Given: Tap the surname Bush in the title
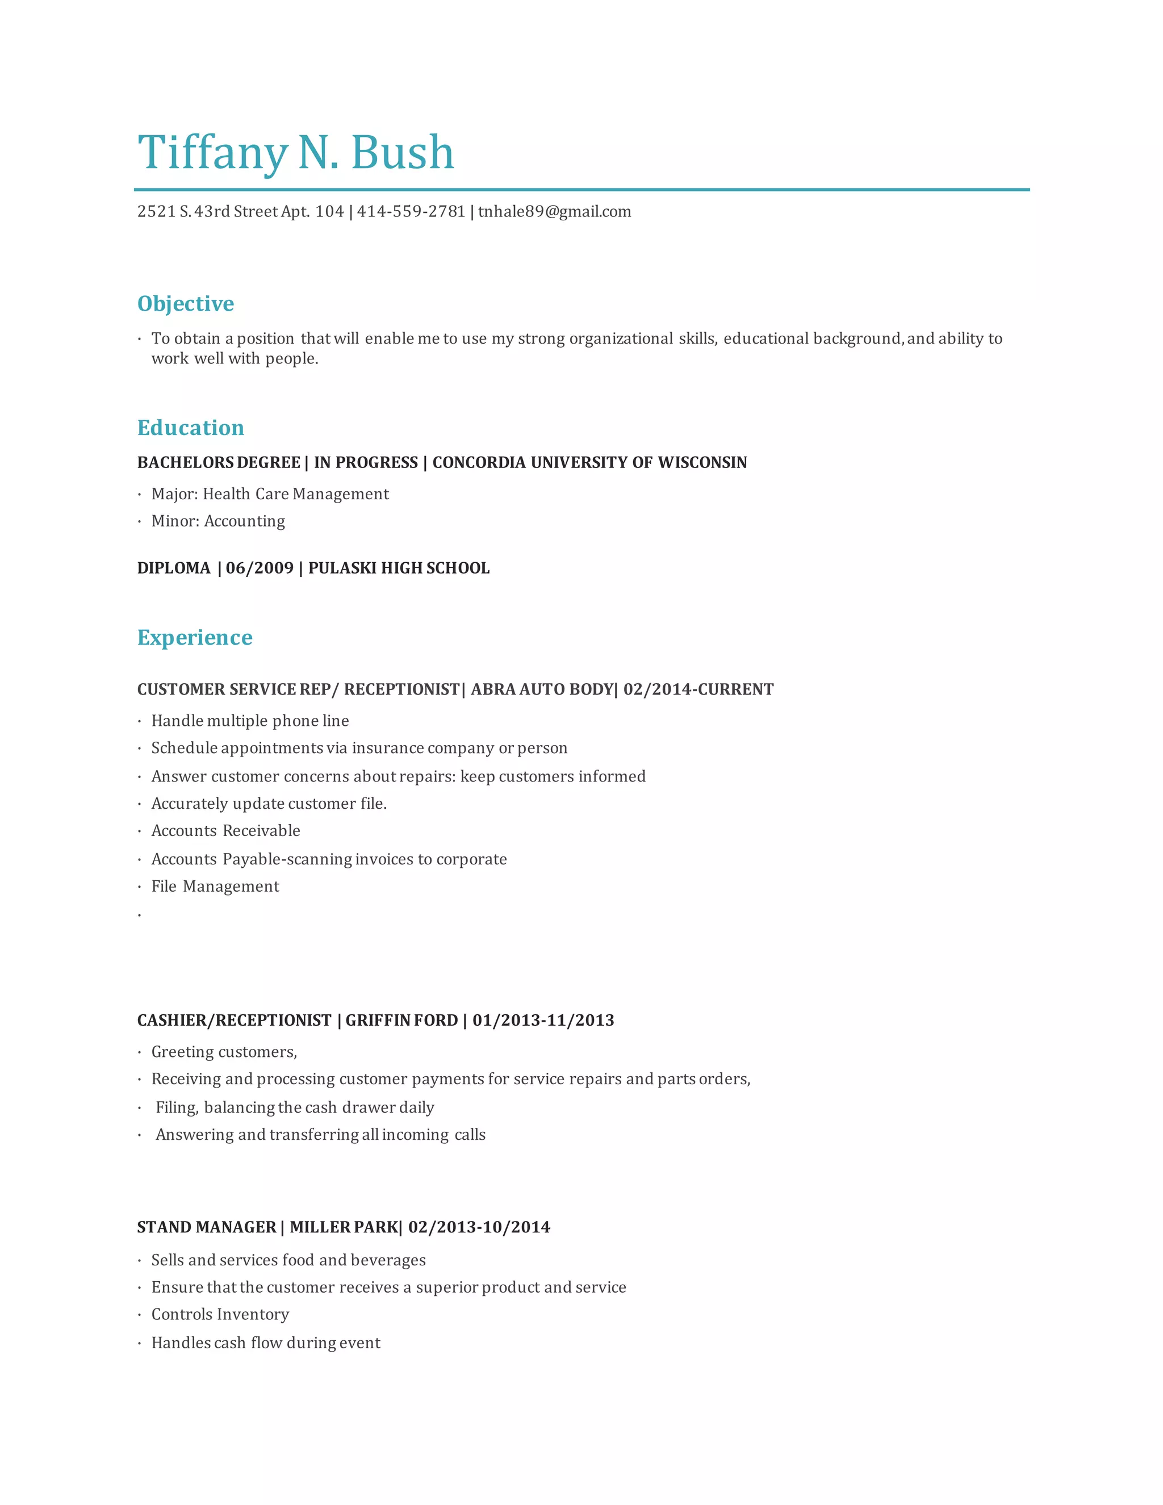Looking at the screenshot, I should click(x=403, y=153).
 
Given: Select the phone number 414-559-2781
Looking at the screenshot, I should click(x=411, y=212).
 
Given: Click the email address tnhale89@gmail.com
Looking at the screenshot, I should click(x=555, y=212).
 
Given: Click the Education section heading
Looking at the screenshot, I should click(x=190, y=428).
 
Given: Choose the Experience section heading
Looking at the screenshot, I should click(x=194, y=637).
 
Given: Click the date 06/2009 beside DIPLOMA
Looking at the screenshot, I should click(x=260, y=568).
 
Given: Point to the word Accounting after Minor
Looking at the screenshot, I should click(x=245, y=521).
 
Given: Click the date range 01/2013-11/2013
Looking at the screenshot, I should click(x=543, y=1021).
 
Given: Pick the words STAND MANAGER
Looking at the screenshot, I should click(x=206, y=1227).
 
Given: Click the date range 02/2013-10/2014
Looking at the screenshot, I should click(x=479, y=1227).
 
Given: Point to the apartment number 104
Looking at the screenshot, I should click(x=329, y=212).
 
